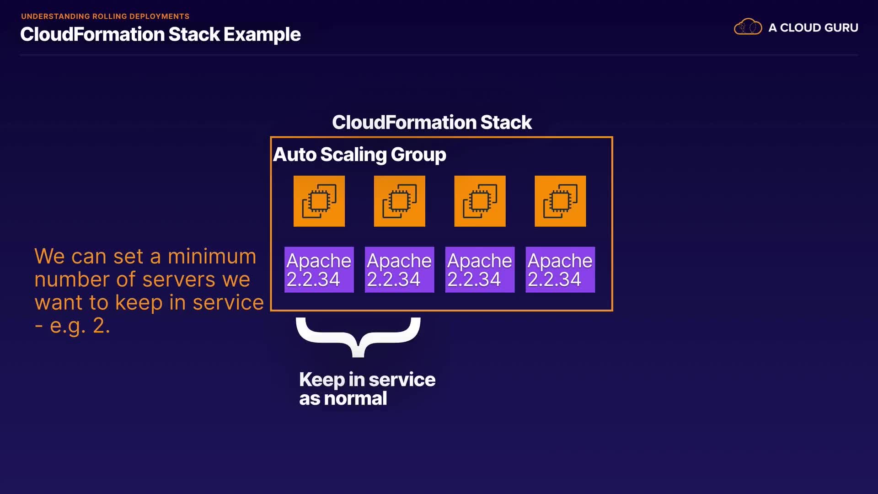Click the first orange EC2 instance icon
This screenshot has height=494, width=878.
tap(319, 201)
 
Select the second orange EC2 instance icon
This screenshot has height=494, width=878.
tap(400, 201)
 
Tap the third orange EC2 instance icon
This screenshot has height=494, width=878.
tap(480, 201)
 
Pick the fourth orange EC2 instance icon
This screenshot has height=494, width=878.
tap(560, 201)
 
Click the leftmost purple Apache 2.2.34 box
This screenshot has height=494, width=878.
tap(319, 270)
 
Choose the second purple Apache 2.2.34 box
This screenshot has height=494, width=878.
tap(399, 270)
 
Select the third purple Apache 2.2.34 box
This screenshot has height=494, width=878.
tap(480, 270)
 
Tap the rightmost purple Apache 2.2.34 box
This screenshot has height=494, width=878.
tap(560, 270)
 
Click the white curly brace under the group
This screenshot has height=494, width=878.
tap(358, 336)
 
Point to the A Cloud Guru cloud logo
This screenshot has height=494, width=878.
tap(748, 27)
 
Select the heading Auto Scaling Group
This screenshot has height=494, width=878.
tap(359, 155)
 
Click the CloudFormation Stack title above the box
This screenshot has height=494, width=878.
tap(432, 123)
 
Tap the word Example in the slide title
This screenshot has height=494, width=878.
tap(262, 35)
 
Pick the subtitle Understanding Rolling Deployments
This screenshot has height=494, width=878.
tap(105, 16)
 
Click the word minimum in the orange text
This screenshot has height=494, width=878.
tap(212, 256)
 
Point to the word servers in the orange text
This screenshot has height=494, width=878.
tap(179, 279)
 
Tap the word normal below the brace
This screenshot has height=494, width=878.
tap(355, 398)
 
